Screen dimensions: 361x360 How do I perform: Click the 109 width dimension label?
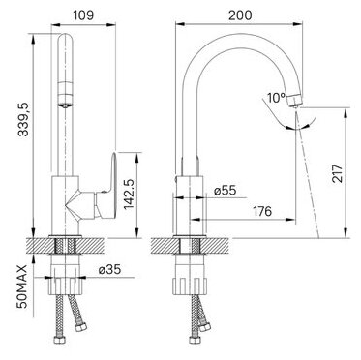83,15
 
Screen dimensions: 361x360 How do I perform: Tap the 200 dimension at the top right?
240,15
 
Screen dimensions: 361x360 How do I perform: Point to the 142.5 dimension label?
129,193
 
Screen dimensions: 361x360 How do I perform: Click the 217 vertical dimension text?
338,173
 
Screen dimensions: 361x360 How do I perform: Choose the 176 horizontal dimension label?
261,211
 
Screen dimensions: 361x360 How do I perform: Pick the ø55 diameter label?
226,191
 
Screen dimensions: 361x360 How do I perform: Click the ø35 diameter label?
110,269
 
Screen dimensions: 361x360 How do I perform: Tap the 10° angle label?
277,97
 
